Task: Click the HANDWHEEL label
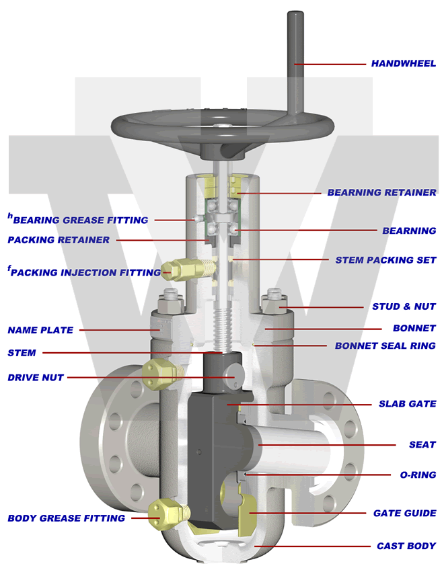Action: click(x=403, y=64)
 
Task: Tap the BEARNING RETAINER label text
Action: click(x=381, y=192)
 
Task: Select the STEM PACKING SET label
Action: click(x=385, y=260)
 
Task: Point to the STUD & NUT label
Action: click(x=404, y=306)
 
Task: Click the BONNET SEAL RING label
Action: click(x=385, y=346)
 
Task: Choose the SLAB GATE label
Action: click(x=408, y=404)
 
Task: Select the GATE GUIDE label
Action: click(x=404, y=514)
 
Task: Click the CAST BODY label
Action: click(x=406, y=546)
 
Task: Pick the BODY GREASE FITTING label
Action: click(x=66, y=518)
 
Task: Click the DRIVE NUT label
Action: click(x=35, y=378)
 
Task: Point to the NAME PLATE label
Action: click(x=40, y=330)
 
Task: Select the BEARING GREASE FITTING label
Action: click(x=80, y=220)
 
